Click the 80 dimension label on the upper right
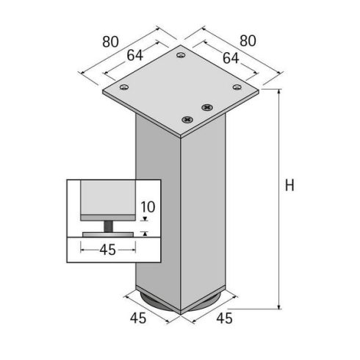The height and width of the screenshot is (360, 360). tap(248, 42)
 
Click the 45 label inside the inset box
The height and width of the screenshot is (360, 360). tap(108, 250)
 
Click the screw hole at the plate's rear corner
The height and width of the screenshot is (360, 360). tap(181, 54)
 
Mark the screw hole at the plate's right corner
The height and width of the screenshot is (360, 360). tap(237, 87)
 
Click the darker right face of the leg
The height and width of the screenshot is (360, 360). tap(204, 213)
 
